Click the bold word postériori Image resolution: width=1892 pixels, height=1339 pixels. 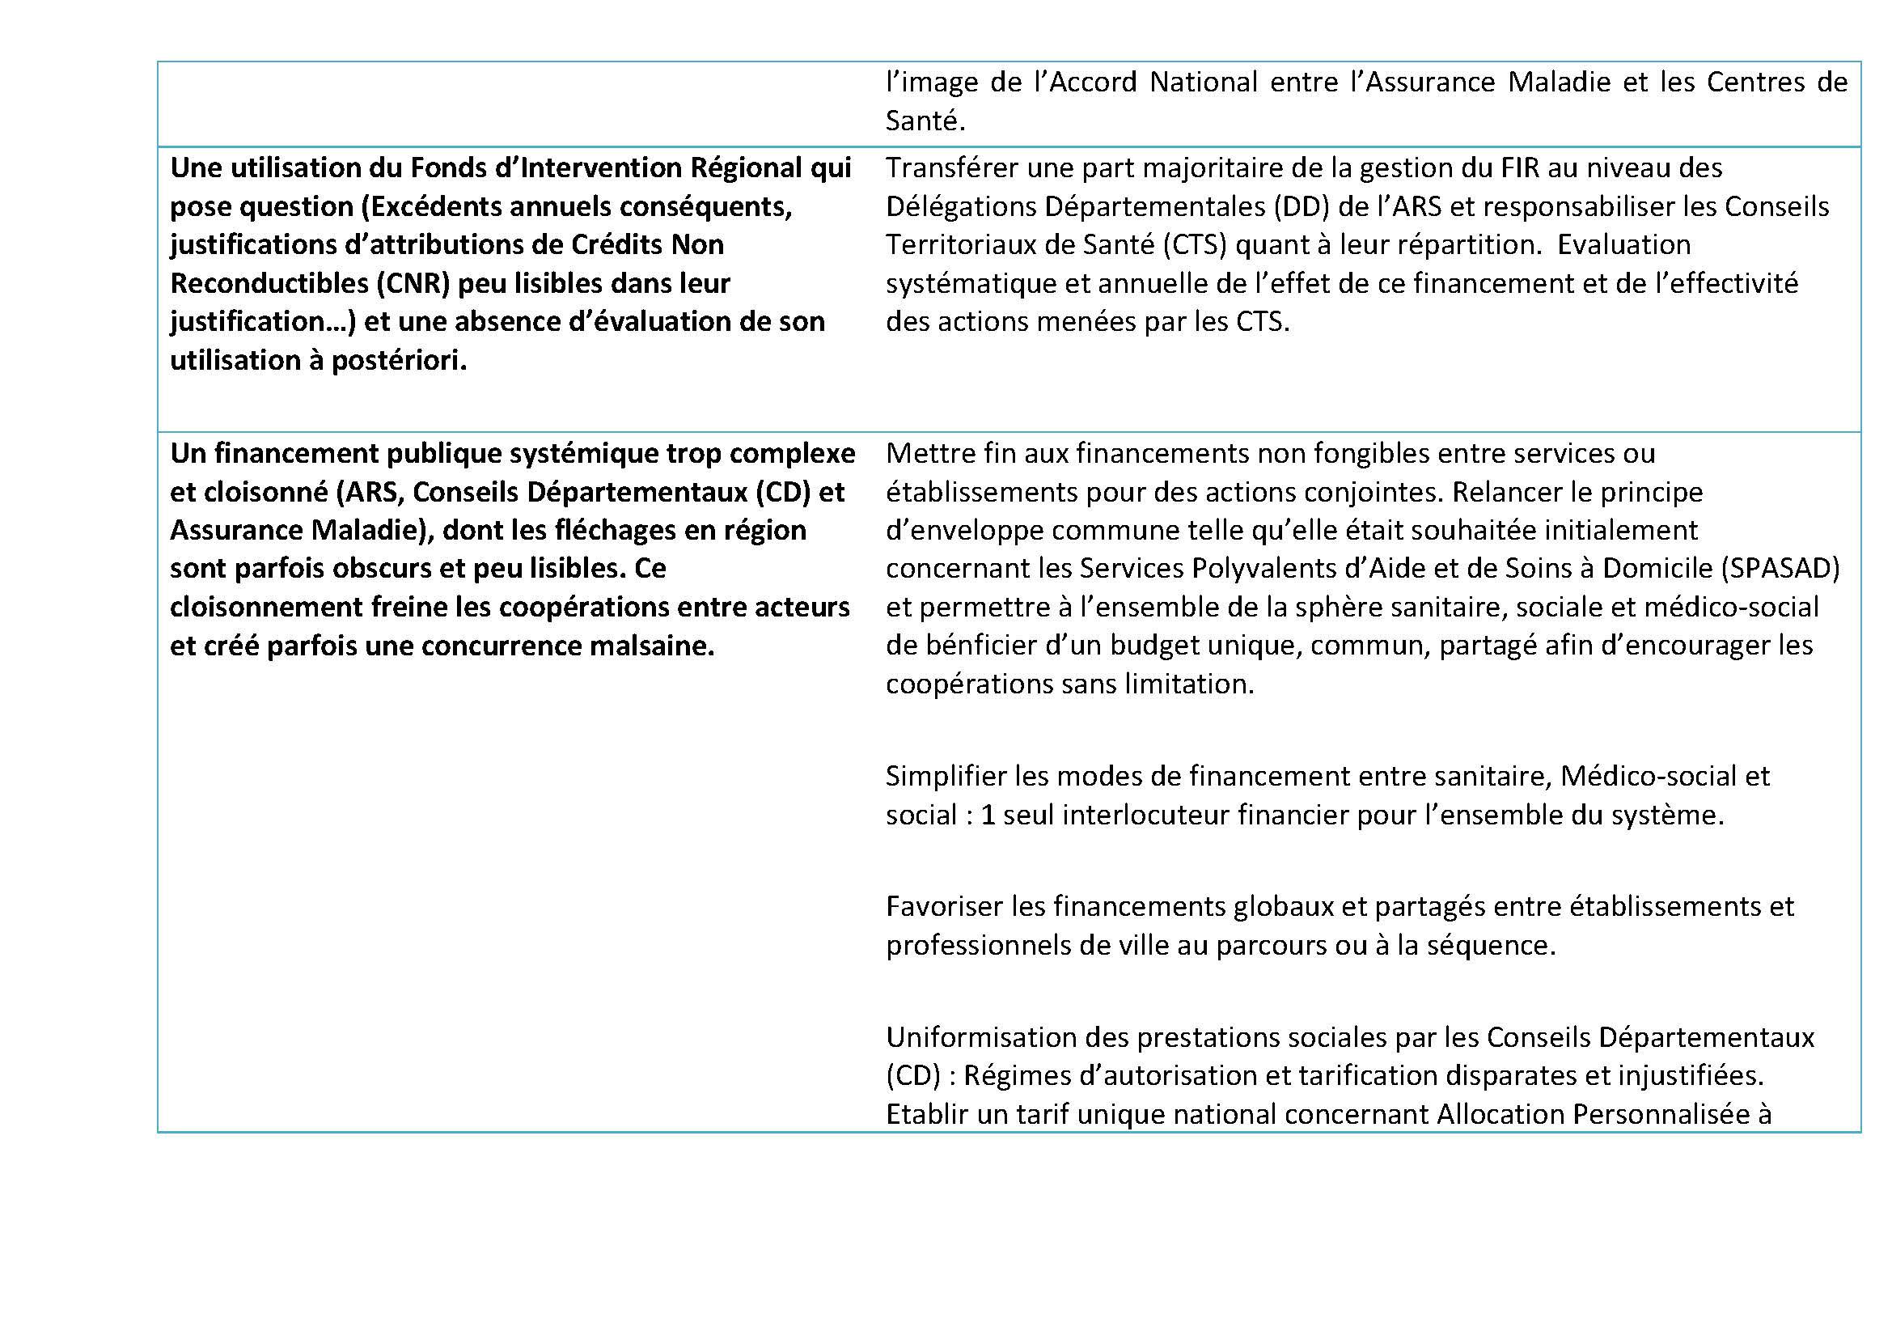(x=399, y=360)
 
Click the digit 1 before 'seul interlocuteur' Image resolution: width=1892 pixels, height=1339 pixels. (x=988, y=815)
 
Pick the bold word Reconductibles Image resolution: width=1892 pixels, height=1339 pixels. (x=269, y=283)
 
